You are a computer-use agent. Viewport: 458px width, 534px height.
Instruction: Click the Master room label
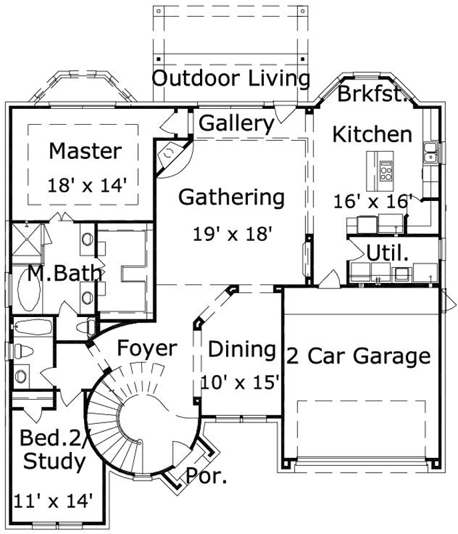click(x=85, y=151)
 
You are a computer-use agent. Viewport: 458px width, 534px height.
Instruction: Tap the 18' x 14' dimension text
click(x=87, y=185)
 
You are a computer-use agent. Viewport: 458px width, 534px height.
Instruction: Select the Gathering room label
click(x=231, y=198)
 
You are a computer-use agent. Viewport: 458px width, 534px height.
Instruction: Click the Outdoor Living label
click(x=231, y=79)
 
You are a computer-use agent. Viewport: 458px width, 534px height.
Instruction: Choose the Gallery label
click(x=237, y=123)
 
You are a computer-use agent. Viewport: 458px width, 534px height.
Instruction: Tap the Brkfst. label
click(x=372, y=93)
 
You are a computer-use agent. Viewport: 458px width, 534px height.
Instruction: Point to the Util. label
click(x=387, y=253)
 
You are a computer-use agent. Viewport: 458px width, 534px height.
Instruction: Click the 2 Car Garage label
click(x=358, y=356)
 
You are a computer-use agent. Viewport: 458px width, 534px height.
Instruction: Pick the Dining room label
click(x=241, y=349)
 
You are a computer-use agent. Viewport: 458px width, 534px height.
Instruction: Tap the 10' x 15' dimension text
click(x=239, y=382)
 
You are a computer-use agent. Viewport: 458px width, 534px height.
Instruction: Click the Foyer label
click(x=147, y=348)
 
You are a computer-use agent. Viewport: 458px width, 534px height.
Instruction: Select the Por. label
click(x=206, y=477)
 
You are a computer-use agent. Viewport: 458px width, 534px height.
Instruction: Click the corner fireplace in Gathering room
click(x=169, y=156)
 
